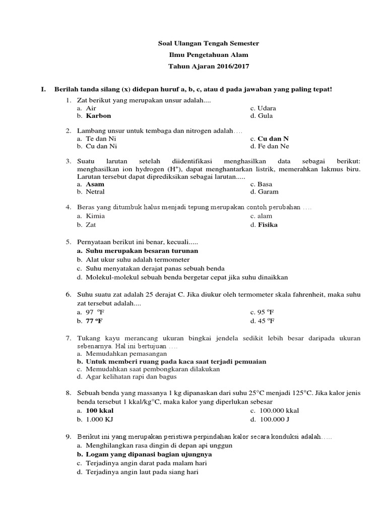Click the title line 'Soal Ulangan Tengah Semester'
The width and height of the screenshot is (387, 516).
[208, 44]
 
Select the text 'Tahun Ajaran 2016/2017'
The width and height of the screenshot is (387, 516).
[208, 66]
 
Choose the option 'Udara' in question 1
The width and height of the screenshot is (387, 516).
[267, 108]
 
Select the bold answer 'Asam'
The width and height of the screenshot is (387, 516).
[95, 184]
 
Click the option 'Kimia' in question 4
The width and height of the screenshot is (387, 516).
[95, 216]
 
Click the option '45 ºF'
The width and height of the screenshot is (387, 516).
[266, 320]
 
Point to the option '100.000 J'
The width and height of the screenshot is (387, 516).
[273, 419]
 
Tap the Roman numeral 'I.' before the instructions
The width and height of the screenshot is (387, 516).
[44, 89]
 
